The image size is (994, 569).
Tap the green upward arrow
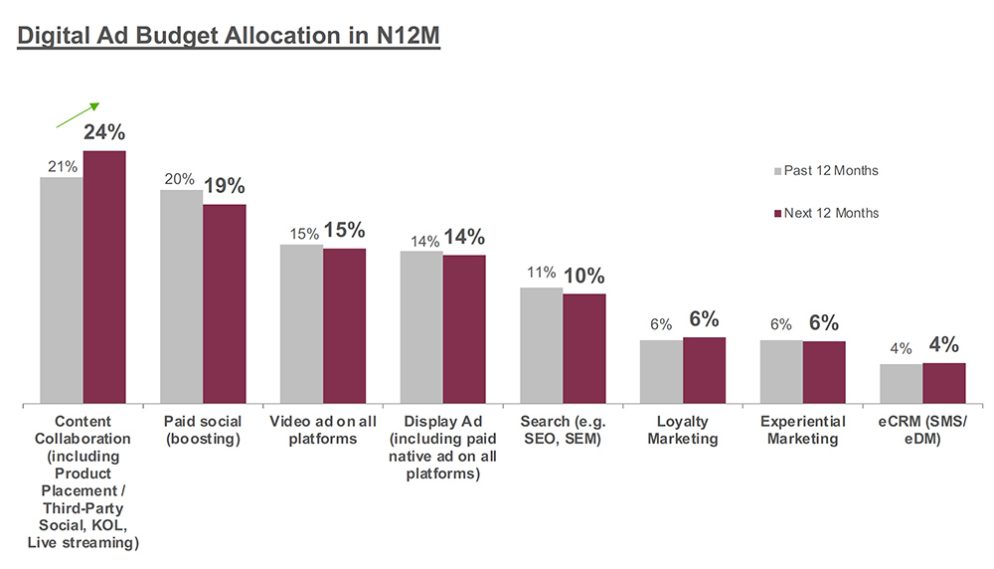click(x=79, y=115)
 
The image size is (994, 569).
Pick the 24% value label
click(x=104, y=132)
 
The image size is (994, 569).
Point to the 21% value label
click(x=63, y=166)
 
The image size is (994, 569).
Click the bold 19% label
click(x=225, y=186)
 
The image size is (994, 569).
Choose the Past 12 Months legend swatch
click(x=776, y=171)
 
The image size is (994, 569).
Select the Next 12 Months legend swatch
click(x=776, y=213)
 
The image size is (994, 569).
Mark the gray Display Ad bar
click(x=421, y=327)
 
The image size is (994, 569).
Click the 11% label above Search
click(x=542, y=272)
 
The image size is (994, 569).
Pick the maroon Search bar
click(x=584, y=348)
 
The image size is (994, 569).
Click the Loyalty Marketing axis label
click(x=682, y=430)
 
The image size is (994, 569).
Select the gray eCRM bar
click(x=902, y=383)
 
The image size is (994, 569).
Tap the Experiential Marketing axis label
click(x=803, y=430)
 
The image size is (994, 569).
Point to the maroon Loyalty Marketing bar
click(x=704, y=370)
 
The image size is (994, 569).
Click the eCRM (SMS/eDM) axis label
click(x=922, y=430)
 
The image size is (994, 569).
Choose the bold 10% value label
click(x=583, y=276)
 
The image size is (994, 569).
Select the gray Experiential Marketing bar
click(x=781, y=371)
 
